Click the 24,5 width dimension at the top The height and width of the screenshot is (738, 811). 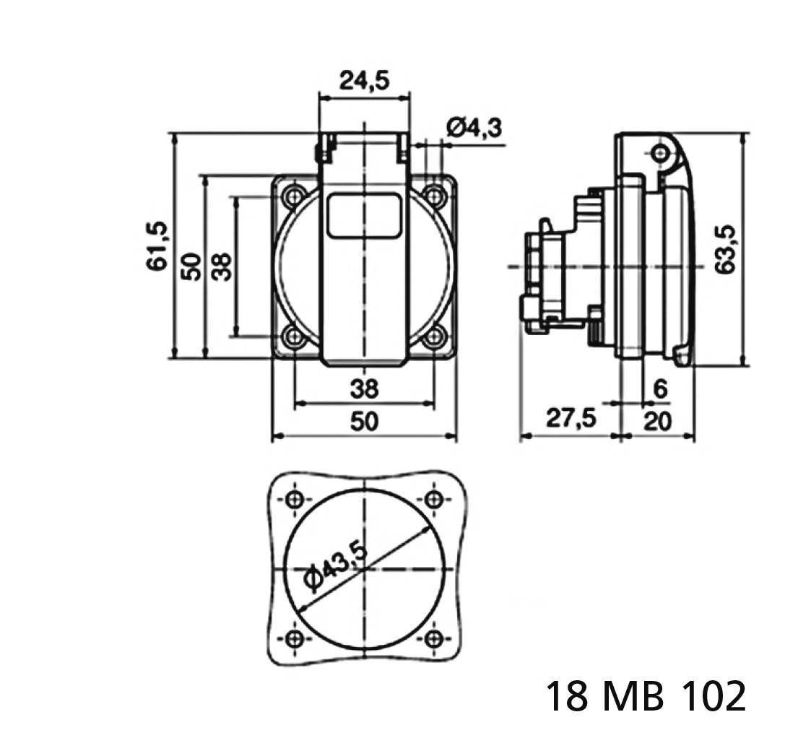pos(364,81)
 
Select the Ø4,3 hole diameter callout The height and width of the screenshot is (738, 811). pos(474,129)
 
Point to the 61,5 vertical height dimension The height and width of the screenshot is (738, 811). pos(157,246)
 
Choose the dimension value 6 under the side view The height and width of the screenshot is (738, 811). pos(659,388)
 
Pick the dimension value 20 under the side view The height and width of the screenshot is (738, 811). pos(656,420)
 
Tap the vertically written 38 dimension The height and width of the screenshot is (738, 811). pos(221,266)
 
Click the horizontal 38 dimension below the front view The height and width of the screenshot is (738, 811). pos(364,389)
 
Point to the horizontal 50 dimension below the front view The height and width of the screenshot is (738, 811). pos(364,421)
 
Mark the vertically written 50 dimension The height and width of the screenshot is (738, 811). pos(190,266)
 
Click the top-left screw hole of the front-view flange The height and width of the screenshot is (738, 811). pos(294,195)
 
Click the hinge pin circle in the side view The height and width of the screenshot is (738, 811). pos(659,152)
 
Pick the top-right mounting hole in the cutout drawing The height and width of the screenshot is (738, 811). pos(434,500)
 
